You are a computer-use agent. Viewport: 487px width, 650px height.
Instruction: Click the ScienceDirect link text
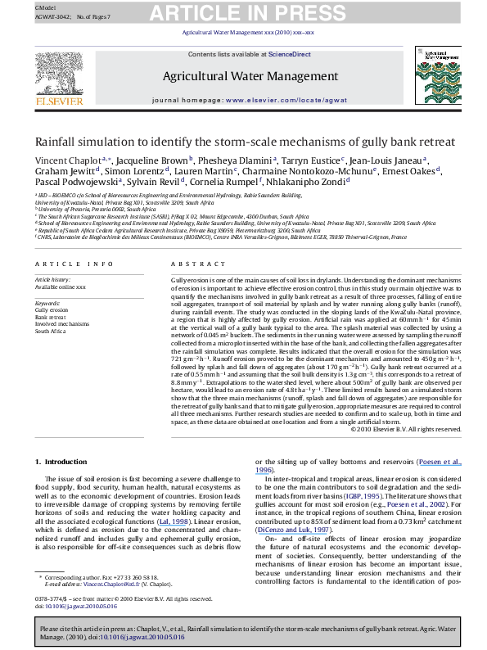[x=291, y=54]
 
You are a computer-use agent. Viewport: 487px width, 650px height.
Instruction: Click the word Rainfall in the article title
[x=59, y=142]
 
